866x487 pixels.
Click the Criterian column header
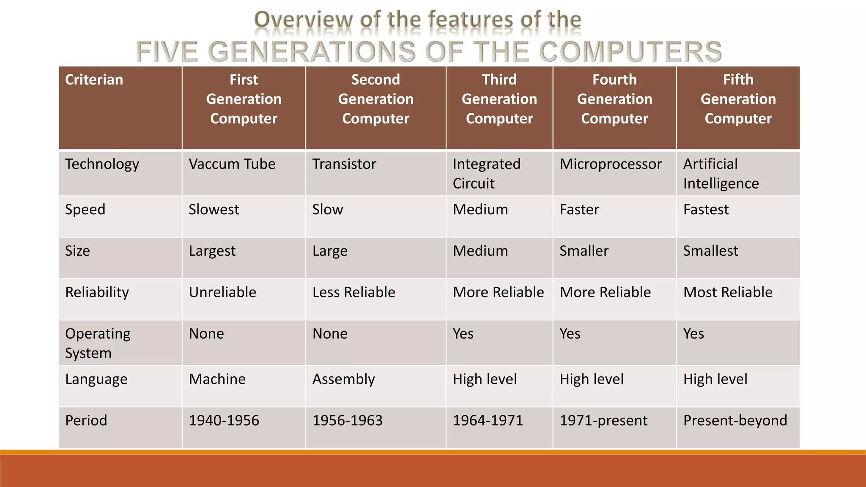pos(94,80)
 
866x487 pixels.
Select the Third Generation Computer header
pos(499,99)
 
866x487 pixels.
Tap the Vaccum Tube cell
pos(232,164)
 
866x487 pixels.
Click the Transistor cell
pos(344,164)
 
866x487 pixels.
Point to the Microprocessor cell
pos(610,164)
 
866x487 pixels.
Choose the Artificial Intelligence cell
pos(721,174)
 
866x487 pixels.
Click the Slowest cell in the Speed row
pos(214,210)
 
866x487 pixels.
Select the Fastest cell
pos(706,210)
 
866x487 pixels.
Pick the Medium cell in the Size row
pos(480,251)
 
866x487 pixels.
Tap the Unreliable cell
pos(222,293)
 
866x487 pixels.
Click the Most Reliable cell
pos(727,293)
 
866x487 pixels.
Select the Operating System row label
pos(97,343)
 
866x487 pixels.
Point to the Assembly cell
pos(343,379)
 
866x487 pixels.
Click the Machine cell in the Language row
pos(217,379)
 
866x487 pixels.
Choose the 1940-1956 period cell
pos(224,421)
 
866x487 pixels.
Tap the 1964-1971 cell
pos(488,421)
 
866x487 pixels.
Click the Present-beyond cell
pos(735,421)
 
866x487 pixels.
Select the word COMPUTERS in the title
pos(630,52)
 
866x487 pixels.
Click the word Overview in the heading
pos(303,20)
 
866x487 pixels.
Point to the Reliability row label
pos(97,293)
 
